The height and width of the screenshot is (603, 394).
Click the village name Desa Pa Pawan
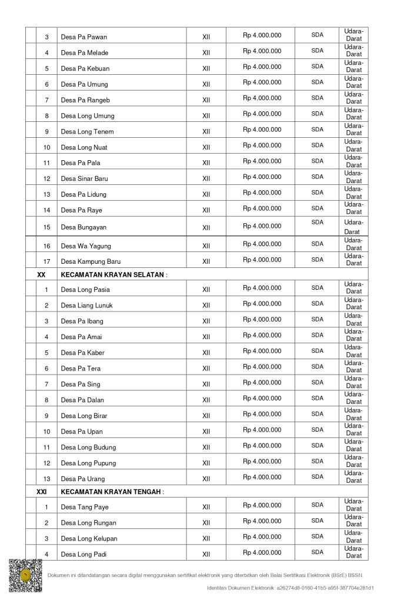click(x=84, y=37)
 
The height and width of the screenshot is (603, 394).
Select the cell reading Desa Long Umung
click(x=88, y=116)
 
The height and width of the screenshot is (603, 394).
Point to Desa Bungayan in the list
click(x=84, y=227)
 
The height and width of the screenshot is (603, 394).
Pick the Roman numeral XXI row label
click(x=41, y=492)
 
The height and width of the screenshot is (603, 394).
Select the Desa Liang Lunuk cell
click(x=86, y=306)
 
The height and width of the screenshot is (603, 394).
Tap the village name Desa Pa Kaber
click(x=82, y=353)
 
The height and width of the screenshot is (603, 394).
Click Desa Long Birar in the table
click(x=84, y=416)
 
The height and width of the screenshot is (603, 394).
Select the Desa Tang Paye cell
click(x=85, y=507)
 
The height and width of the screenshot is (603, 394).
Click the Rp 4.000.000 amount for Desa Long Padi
click(x=262, y=553)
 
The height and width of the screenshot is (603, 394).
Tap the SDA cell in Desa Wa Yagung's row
click(x=318, y=244)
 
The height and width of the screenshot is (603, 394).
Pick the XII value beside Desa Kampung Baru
click(x=206, y=261)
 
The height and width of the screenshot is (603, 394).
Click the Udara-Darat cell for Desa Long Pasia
click(x=354, y=288)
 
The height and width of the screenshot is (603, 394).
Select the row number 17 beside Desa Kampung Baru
click(x=47, y=261)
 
